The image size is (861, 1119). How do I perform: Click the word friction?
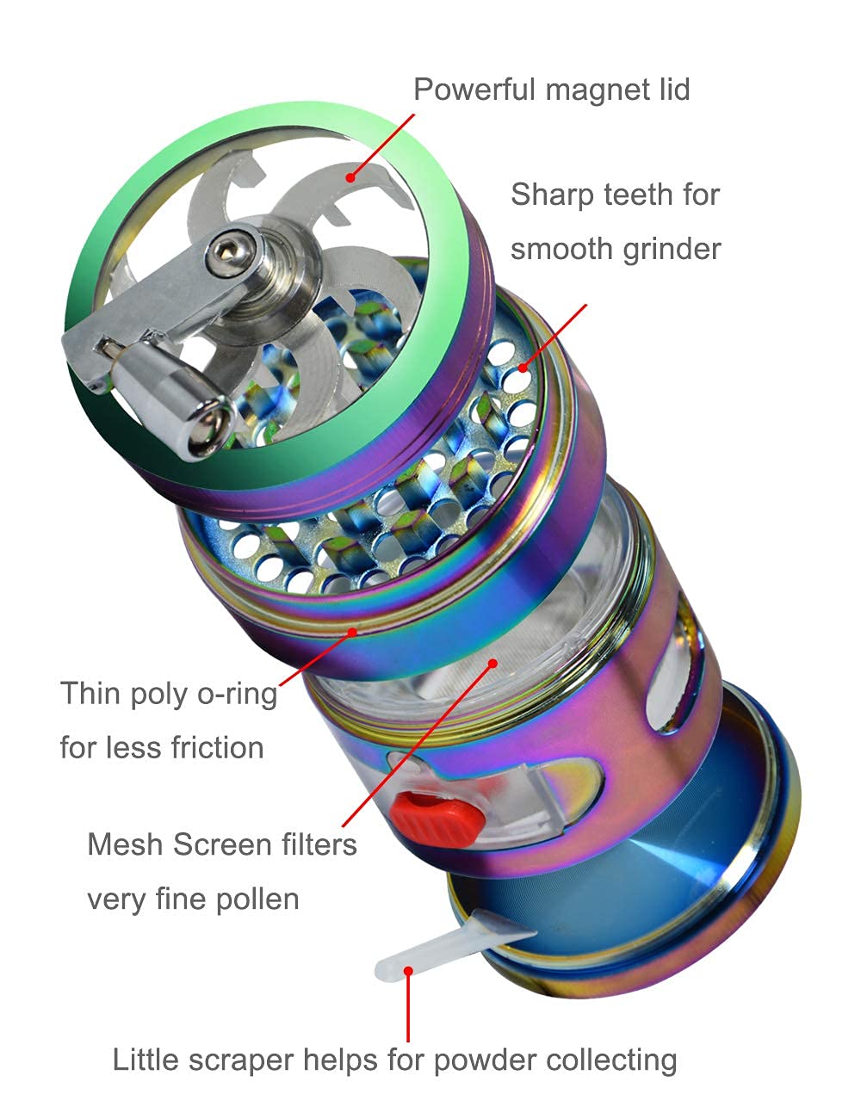coord(217,747)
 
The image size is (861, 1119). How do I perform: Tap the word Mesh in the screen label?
coord(126,844)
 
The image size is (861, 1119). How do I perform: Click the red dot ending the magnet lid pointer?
coord(350,178)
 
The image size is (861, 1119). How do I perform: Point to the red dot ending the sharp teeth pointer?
coord(523,368)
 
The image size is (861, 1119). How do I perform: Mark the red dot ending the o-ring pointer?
coord(352,632)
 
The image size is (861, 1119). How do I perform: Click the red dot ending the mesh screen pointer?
coord(493,663)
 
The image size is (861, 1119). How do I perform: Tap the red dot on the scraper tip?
coord(408,971)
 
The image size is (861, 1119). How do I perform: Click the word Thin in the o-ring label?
coord(90,694)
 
